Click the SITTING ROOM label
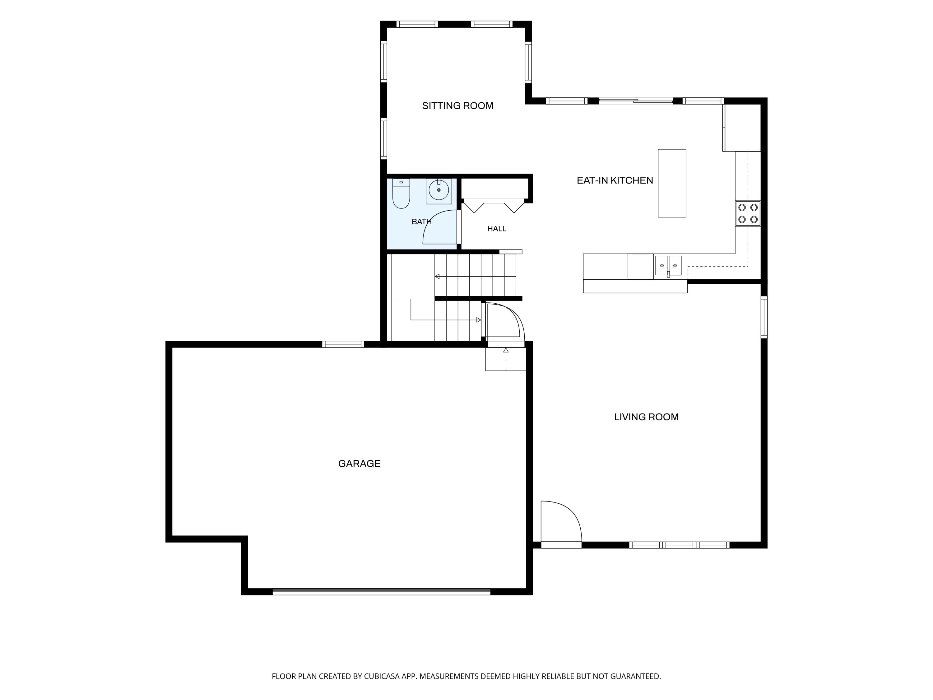click(x=458, y=106)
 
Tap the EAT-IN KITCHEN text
click(x=615, y=180)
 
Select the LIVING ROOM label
click(x=646, y=417)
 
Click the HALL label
click(x=497, y=229)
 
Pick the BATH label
click(x=421, y=222)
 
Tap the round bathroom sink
click(x=439, y=190)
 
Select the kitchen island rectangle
click(x=672, y=183)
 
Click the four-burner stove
click(x=748, y=213)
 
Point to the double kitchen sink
click(x=668, y=266)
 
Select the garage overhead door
click(x=381, y=591)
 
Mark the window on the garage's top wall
click(x=343, y=344)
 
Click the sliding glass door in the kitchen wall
click(x=636, y=101)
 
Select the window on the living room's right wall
click(x=764, y=317)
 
